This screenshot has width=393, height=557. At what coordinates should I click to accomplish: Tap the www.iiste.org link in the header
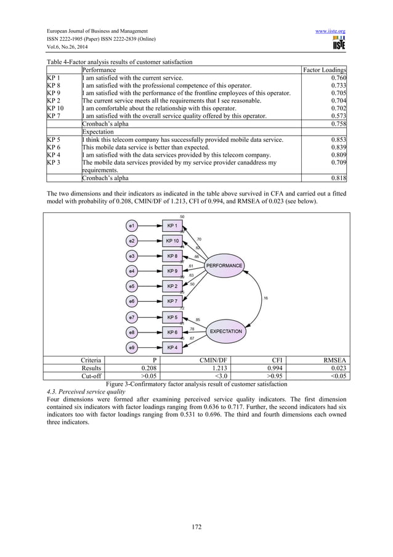tap(331, 30)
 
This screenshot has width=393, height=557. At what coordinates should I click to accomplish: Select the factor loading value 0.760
tap(337, 78)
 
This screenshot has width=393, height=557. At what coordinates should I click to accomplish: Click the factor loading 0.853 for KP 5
tap(337, 140)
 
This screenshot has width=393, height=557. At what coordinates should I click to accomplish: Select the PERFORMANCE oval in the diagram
tap(224, 266)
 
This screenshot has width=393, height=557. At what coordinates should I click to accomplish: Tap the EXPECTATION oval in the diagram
tap(226, 331)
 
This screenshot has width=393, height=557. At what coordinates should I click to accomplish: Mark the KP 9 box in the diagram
tap(172, 271)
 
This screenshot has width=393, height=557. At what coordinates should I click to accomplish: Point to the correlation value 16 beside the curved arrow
tap(265, 299)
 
